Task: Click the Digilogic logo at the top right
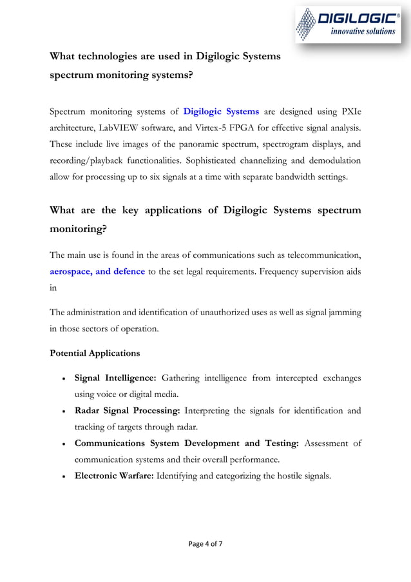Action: pyautogui.click(x=348, y=24)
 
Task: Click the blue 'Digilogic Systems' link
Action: pyautogui.click(x=221, y=112)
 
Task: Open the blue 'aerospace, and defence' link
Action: pyautogui.click(x=97, y=271)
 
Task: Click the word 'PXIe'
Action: pyautogui.click(x=349, y=112)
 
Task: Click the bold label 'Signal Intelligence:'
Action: pyautogui.click(x=115, y=377)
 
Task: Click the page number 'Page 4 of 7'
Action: pyautogui.click(x=205, y=544)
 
